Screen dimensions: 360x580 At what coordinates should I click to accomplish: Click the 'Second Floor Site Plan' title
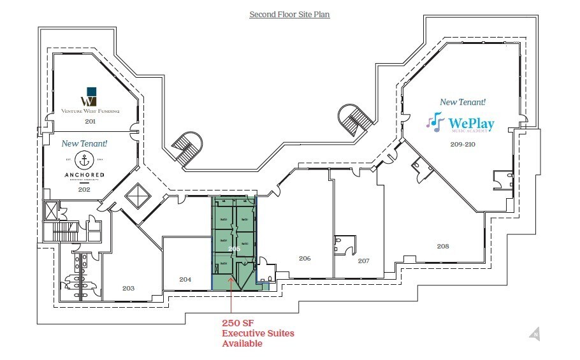click(289, 14)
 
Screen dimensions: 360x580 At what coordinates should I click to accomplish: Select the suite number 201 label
click(90, 120)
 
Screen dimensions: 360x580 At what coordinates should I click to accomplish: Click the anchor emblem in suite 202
click(83, 159)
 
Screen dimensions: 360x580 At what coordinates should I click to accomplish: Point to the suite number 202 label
click(84, 189)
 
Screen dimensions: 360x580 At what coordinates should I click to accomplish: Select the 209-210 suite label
click(461, 144)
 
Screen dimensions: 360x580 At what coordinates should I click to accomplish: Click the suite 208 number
click(443, 245)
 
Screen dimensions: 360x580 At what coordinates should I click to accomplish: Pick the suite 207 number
click(363, 261)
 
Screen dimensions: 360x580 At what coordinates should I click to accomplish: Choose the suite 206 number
click(305, 258)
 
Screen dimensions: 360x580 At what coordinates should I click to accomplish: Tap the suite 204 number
click(185, 279)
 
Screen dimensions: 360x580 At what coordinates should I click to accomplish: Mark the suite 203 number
click(128, 288)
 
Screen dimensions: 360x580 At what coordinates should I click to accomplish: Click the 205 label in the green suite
click(234, 248)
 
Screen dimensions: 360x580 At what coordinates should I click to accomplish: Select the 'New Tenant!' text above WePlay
click(463, 102)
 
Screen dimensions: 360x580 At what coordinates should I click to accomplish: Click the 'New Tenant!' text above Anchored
click(83, 144)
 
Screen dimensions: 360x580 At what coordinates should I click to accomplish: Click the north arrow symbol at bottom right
click(534, 333)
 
